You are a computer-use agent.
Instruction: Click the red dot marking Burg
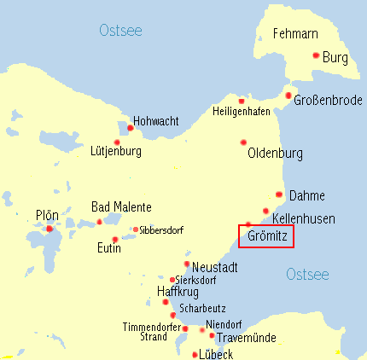click(x=316, y=56)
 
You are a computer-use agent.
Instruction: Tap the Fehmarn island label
click(x=295, y=34)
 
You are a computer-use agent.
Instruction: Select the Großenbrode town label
click(x=327, y=101)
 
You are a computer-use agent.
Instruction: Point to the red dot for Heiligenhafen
click(x=242, y=100)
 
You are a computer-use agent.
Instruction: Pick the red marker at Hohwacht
click(x=130, y=129)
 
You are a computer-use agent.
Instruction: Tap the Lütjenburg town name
click(x=115, y=152)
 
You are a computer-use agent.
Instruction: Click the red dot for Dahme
click(x=280, y=195)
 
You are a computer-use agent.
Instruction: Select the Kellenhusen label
click(x=303, y=219)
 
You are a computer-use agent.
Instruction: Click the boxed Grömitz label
click(x=266, y=235)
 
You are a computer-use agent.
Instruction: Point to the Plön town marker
click(x=50, y=229)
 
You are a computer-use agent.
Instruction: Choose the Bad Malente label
click(x=121, y=207)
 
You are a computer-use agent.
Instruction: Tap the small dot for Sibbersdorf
click(x=136, y=229)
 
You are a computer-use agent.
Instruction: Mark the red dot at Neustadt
click(x=187, y=264)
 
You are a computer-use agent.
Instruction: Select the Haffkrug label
click(x=178, y=292)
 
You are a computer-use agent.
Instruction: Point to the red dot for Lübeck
click(x=195, y=354)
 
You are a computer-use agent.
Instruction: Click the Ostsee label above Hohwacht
click(x=120, y=32)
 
